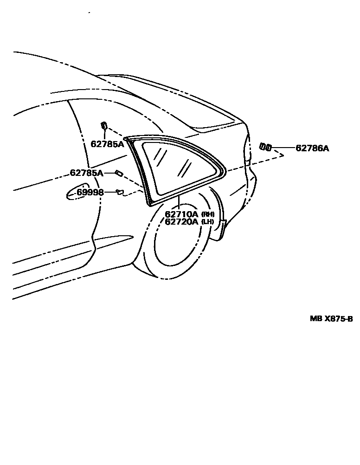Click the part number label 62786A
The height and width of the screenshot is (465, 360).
(312, 149)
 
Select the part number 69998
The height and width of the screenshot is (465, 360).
(90, 192)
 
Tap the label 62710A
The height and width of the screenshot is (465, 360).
(181, 214)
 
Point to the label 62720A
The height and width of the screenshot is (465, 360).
(181, 222)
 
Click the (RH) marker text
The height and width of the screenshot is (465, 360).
(207, 214)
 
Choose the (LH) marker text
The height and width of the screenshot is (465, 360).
(207, 222)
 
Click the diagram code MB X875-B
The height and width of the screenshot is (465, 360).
(331, 319)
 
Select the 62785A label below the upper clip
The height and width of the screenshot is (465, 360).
(107, 144)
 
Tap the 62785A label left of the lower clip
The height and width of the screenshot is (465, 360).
(86, 173)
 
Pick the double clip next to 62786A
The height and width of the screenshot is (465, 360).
(266, 147)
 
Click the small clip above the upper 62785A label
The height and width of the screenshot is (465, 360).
(104, 125)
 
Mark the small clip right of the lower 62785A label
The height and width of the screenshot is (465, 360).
(118, 173)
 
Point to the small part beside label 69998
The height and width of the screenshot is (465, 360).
(120, 192)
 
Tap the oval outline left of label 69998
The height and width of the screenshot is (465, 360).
(76, 192)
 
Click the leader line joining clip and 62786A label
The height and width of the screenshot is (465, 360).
(283, 149)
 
